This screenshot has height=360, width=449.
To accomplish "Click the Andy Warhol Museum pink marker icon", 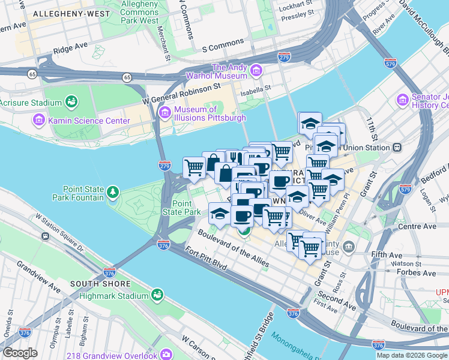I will (x=256, y=71).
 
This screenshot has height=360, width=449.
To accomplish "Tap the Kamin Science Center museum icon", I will (x=39, y=121).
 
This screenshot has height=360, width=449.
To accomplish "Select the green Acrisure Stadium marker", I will (x=71, y=102).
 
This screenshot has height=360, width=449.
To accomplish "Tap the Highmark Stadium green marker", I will (x=157, y=295).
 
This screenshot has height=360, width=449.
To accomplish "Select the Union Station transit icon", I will (x=397, y=148).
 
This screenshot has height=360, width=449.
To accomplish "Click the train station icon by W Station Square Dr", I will (x=45, y=236).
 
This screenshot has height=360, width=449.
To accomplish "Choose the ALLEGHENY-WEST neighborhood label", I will (x=72, y=13).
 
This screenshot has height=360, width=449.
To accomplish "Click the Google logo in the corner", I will (x=20, y=353).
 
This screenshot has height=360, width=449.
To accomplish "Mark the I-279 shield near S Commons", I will (x=285, y=57).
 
